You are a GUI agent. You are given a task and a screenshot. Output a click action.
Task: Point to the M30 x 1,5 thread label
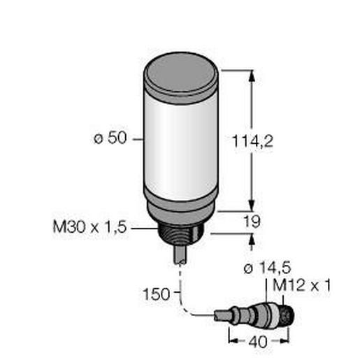pos(89,227)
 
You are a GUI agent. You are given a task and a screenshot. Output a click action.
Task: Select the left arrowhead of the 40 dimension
pos(233,343)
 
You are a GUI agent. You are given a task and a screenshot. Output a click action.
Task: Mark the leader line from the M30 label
pos(145,227)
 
